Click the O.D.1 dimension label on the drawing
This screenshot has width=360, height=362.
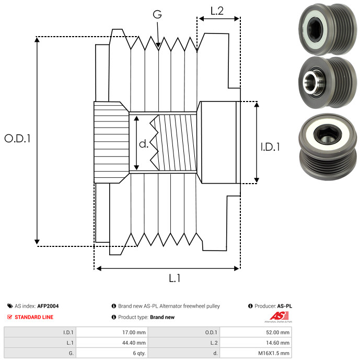17,138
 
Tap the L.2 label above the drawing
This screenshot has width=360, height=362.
217,11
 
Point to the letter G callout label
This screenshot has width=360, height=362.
157,14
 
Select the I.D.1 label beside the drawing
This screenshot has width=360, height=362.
270,147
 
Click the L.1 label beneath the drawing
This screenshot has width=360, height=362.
175,278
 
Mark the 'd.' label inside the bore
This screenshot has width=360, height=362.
144,144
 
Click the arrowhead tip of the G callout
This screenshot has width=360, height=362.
158,48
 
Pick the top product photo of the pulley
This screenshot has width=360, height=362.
328,29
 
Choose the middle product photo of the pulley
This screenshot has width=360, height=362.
328,83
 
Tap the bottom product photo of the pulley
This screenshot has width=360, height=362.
328,147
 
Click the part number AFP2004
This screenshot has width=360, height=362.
48,306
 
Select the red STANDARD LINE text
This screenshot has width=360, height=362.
34,317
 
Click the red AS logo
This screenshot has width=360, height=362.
278,316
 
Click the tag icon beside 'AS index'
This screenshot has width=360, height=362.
10,306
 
